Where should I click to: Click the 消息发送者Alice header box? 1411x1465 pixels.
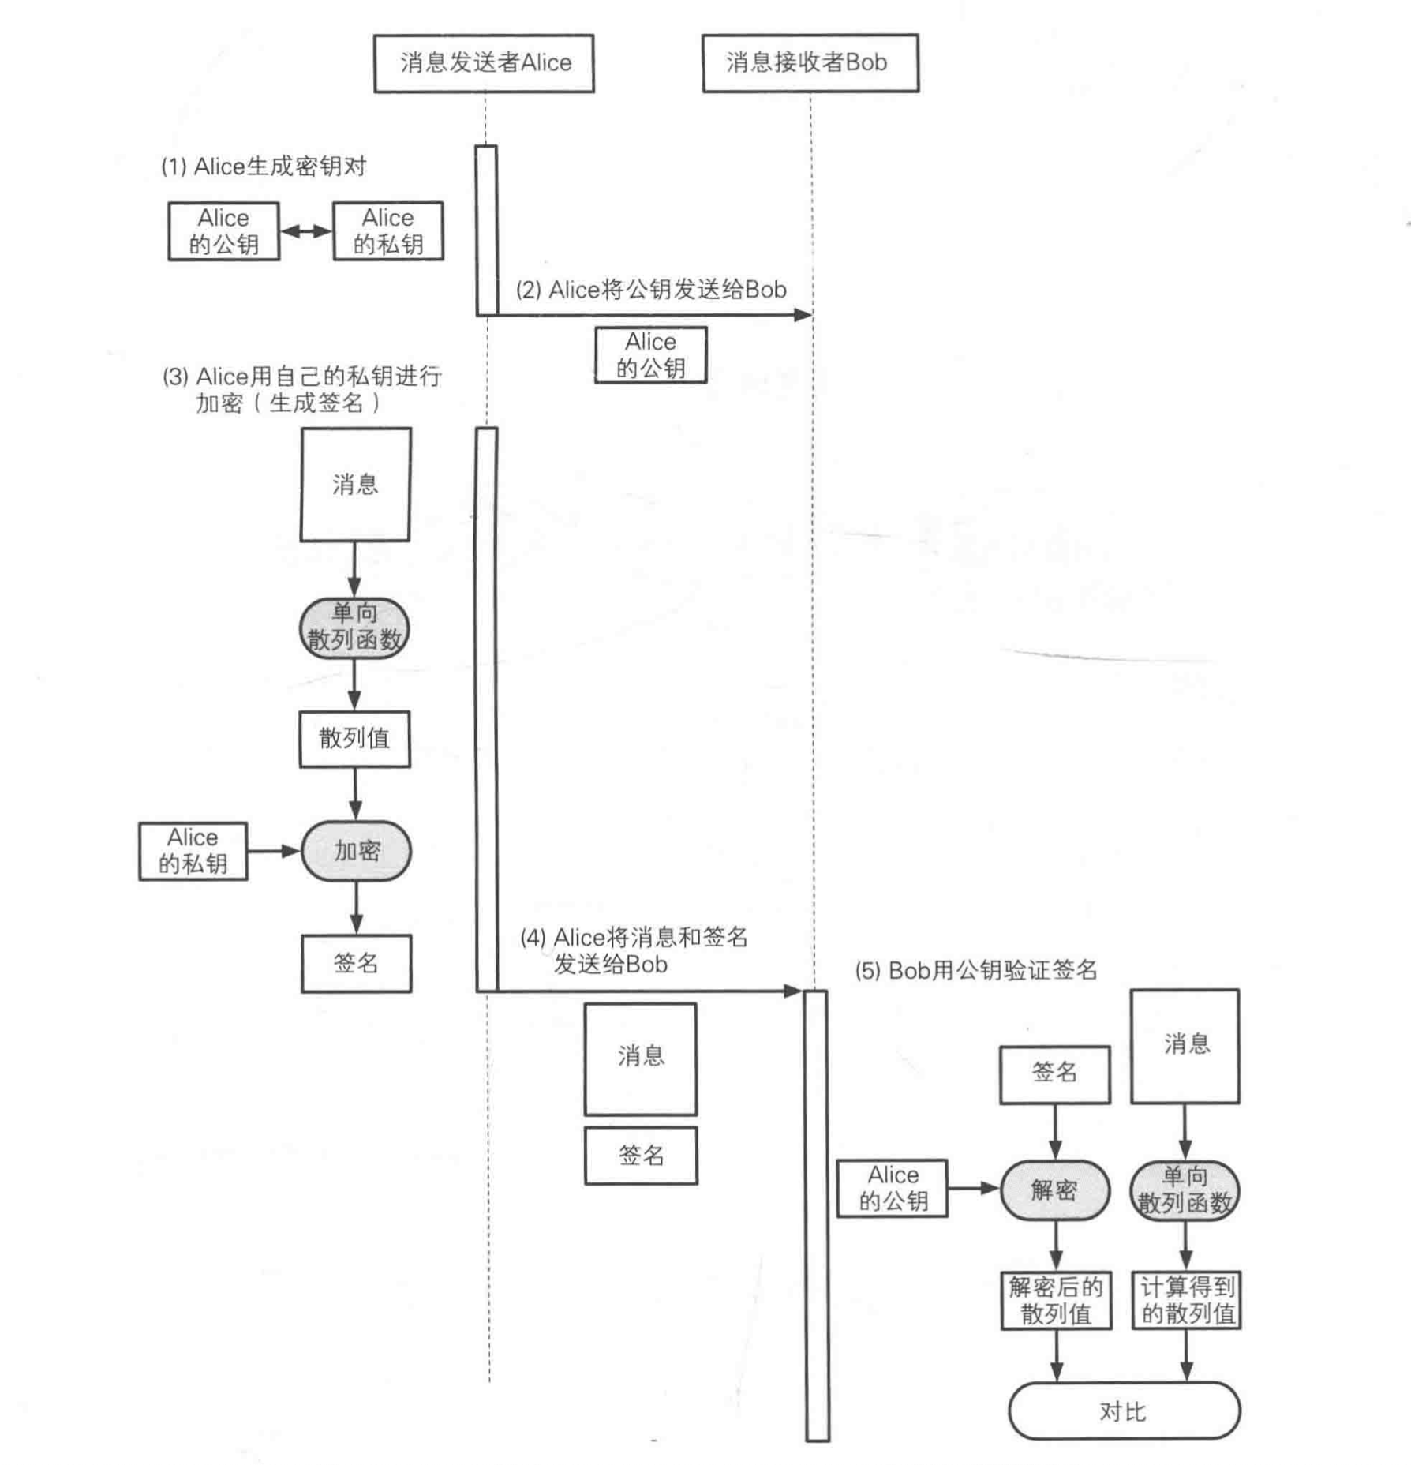click(484, 63)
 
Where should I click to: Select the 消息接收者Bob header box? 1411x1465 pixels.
click(810, 63)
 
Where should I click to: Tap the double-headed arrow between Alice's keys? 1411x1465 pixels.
click(306, 231)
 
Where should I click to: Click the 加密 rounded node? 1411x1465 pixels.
click(356, 851)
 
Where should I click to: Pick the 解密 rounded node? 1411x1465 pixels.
click(1054, 1190)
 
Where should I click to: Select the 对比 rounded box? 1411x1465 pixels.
click(1124, 1411)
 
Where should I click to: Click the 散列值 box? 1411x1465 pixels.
click(354, 739)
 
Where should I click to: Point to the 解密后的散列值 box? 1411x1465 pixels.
click(1056, 1300)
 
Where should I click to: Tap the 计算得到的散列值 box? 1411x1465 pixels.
click(1187, 1300)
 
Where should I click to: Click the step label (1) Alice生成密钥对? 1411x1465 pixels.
click(264, 167)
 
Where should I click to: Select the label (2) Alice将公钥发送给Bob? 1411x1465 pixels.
click(651, 290)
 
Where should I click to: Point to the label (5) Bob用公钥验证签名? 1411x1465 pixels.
click(976, 970)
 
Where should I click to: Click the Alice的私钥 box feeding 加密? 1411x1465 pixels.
click(193, 851)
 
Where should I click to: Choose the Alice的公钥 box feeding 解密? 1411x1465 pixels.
click(893, 1189)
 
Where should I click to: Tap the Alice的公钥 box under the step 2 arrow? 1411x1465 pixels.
click(651, 355)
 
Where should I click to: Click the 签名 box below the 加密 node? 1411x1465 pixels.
click(356, 963)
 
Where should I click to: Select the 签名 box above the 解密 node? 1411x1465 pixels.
click(1054, 1073)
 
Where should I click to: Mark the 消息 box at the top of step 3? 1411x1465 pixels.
click(355, 485)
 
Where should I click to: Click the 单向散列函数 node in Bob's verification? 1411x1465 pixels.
click(1185, 1190)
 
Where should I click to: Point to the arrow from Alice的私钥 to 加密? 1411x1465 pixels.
click(274, 851)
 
